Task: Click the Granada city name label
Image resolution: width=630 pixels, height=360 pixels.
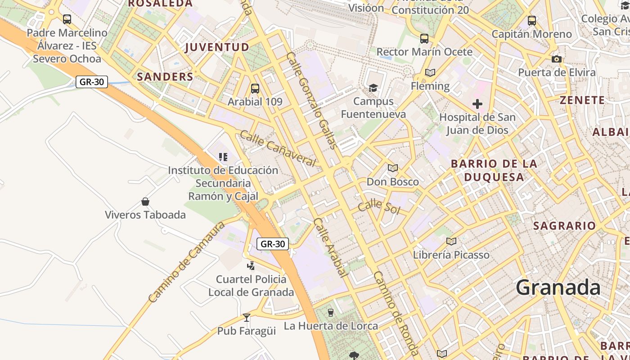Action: coord(558,287)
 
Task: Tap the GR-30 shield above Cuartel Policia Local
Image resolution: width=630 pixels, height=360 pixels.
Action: coord(273,244)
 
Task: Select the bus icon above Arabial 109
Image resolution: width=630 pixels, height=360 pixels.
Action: coord(255,89)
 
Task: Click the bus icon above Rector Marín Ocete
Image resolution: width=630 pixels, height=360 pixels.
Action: coord(424,39)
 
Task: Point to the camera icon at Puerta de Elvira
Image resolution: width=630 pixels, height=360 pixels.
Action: coord(557,59)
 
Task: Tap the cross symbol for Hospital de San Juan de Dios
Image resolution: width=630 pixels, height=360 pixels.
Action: coord(477,104)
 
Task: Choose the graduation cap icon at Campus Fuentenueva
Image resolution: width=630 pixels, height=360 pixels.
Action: coord(373,88)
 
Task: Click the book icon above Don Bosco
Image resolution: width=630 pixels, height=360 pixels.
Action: coord(393,168)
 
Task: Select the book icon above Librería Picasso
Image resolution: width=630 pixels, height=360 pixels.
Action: coord(451,241)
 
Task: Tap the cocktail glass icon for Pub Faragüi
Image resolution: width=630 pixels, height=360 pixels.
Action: coord(246,317)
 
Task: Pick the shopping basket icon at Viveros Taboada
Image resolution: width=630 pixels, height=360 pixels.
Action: coord(145,202)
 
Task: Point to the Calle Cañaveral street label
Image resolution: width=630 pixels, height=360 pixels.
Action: coord(277,148)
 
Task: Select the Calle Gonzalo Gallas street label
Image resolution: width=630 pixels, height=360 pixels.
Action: coord(311,100)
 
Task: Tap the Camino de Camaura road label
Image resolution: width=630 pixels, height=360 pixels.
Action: coord(186,262)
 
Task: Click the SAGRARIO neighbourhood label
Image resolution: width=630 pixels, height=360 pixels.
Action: coord(564,226)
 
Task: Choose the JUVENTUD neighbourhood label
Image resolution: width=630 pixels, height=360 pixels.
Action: coord(217,47)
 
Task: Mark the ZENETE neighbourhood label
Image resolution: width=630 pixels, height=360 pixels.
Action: coord(582,100)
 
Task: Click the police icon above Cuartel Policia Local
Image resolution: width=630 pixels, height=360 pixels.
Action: coord(251,266)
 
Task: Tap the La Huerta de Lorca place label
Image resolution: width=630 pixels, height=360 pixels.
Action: coord(331,326)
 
